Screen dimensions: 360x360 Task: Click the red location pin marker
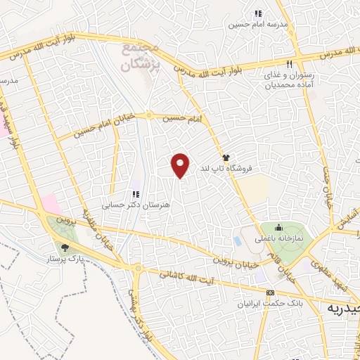click(181, 165)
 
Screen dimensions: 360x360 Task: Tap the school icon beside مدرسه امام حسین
click(258, 13)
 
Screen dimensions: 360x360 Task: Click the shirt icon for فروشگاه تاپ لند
click(226, 157)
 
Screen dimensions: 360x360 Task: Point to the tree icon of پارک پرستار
click(65, 247)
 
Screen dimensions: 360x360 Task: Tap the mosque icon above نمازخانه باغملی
click(278, 226)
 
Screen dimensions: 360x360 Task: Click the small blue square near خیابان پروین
click(237, 241)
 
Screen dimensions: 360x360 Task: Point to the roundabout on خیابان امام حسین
click(148, 116)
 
